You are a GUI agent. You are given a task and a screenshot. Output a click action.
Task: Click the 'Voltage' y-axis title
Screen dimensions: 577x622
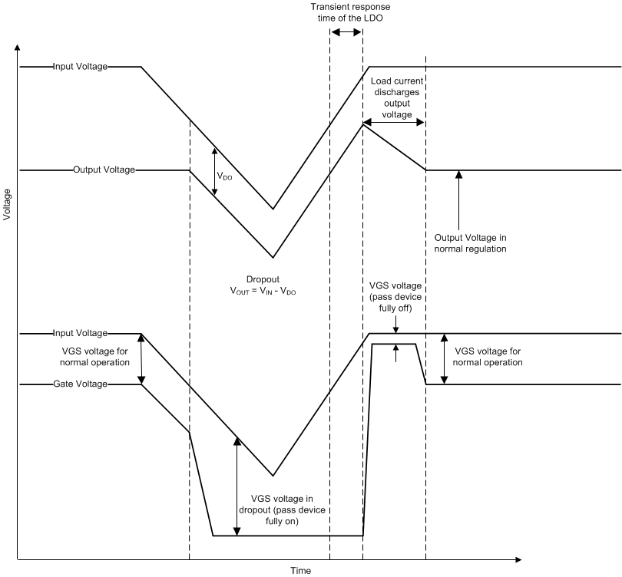coord(7,205)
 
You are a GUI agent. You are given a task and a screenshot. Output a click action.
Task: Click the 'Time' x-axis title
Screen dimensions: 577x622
coord(300,571)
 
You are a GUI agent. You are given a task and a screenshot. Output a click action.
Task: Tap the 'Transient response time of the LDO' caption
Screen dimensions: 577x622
coord(346,12)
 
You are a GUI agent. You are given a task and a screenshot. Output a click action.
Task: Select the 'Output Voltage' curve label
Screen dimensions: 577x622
coord(104,170)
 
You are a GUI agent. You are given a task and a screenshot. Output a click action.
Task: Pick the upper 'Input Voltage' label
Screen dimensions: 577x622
coord(80,67)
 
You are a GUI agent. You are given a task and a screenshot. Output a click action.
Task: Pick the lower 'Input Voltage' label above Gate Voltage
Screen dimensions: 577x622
coord(80,333)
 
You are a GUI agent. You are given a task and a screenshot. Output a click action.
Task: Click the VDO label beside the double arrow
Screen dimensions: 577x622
coord(225,176)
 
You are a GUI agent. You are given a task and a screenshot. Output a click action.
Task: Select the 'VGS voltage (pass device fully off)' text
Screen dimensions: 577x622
coord(396,297)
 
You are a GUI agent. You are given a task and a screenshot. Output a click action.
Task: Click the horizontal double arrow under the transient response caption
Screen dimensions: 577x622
coord(346,31)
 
